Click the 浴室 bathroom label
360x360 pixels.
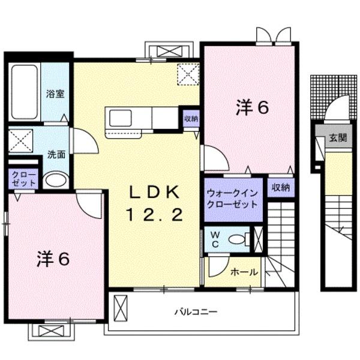56,94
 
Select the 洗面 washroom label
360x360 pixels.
56,154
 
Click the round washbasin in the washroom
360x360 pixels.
56,180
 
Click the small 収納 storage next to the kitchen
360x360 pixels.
191,119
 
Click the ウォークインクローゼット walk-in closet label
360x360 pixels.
232,199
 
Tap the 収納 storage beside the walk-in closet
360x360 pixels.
280,187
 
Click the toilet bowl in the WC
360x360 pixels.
238,239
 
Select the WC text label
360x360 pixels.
214,239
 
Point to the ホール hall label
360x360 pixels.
244,272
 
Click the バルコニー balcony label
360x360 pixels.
196,312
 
